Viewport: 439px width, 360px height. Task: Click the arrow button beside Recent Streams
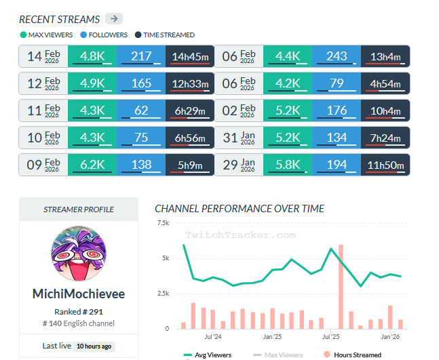[x=115, y=18]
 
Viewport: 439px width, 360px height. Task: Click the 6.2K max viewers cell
[x=92, y=165]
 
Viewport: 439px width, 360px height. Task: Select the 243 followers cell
[x=336, y=56]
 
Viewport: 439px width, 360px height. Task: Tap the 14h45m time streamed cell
[x=190, y=56]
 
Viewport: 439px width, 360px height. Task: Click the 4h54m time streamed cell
[x=385, y=83]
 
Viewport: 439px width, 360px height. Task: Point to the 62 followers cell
[x=140, y=111]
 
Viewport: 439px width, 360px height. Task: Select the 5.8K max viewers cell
[x=287, y=165]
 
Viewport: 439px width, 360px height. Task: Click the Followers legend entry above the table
[x=104, y=35]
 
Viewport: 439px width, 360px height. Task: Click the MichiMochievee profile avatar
[x=79, y=254]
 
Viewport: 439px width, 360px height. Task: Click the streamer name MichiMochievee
[x=79, y=294]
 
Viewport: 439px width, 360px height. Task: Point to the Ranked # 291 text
[x=79, y=311]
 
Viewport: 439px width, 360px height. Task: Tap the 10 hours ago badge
[x=94, y=346]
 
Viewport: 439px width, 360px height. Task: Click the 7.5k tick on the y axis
[x=163, y=223]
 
